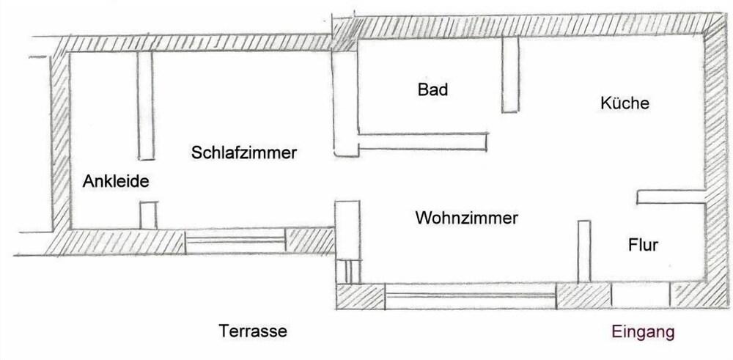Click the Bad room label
[x=432, y=91]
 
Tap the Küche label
[x=625, y=103]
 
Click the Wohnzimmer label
[x=466, y=218]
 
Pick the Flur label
[x=643, y=244]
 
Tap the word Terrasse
[x=253, y=331]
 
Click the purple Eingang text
[x=644, y=332]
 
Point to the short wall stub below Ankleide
[x=149, y=216]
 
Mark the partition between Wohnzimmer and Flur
[x=584, y=251]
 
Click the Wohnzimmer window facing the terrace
[x=471, y=296]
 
